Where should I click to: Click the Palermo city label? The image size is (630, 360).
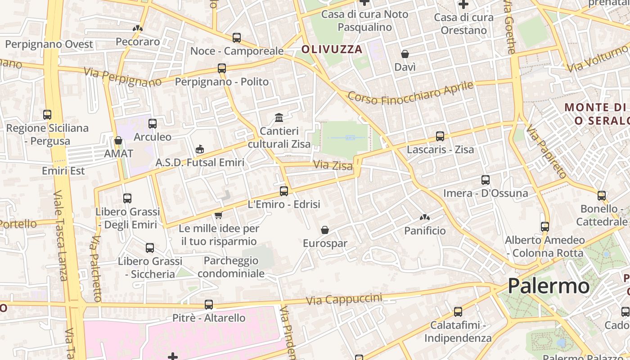tap(549, 286)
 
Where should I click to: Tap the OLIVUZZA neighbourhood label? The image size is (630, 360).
tap(332, 49)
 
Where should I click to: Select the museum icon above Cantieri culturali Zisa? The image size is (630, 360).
tap(279, 118)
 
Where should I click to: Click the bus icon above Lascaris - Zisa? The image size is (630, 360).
tap(440, 136)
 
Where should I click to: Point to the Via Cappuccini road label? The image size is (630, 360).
tap(344, 299)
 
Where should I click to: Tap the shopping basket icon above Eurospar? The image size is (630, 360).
tap(325, 230)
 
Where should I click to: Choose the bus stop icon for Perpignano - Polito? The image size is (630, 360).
tap(222, 68)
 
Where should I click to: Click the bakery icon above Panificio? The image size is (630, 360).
tap(424, 218)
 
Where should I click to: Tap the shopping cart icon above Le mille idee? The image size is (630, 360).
tap(219, 216)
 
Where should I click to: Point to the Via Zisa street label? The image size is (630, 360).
tap(333, 165)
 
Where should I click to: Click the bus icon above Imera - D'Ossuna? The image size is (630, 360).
tap(486, 180)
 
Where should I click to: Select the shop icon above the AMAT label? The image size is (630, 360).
tap(118, 141)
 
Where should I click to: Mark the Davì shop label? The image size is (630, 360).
tap(405, 67)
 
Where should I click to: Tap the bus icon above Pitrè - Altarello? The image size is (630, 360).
tap(209, 305)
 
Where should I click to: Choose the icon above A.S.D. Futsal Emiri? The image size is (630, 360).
tap(200, 149)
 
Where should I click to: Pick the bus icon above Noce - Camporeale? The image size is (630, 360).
tap(237, 38)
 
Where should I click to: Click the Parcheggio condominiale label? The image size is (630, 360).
tap(231, 267)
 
